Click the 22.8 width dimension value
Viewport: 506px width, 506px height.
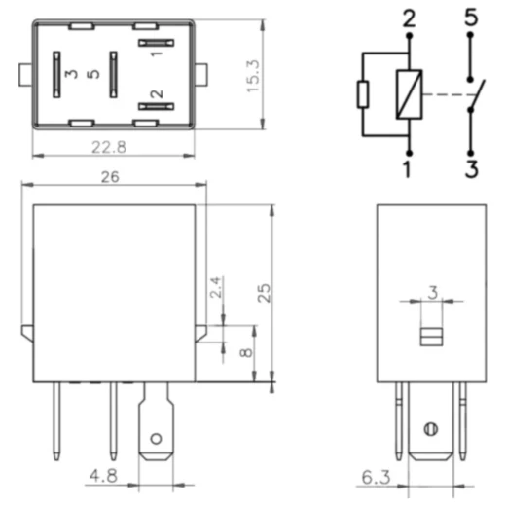click(109, 147)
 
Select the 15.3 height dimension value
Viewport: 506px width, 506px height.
click(253, 76)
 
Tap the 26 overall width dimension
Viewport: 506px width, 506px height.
click(110, 177)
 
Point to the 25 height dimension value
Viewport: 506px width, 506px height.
click(264, 293)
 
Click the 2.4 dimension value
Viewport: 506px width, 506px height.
click(216, 287)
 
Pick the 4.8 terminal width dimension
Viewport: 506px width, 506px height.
click(103, 476)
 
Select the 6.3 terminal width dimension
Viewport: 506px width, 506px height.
click(376, 477)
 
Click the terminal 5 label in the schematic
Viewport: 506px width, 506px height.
click(471, 18)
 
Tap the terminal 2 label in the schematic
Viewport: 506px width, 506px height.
click(409, 18)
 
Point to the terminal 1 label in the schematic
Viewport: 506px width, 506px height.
click(408, 169)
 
